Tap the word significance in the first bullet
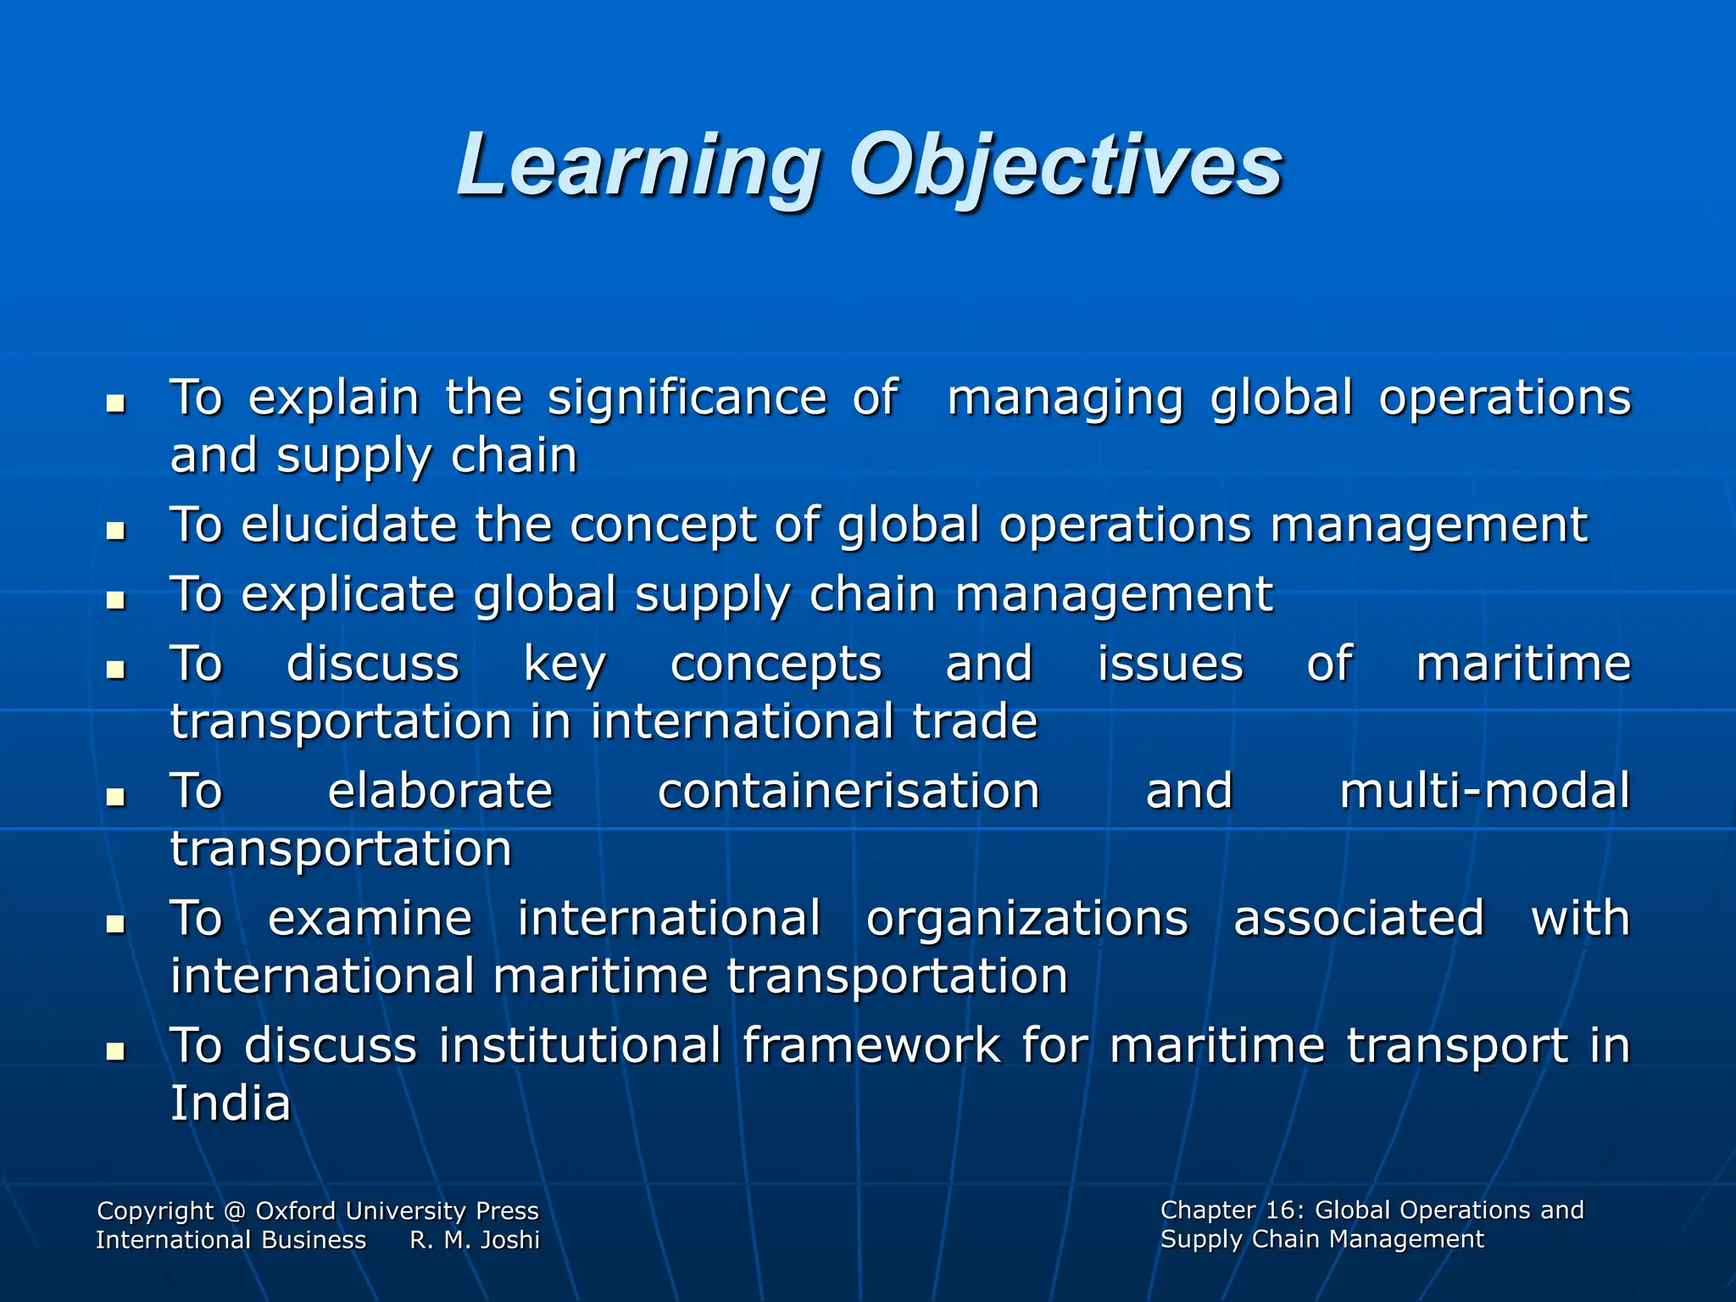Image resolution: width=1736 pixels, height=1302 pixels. [x=687, y=398]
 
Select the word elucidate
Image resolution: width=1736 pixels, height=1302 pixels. [x=349, y=525]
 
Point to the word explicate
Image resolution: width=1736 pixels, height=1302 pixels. [x=348, y=594]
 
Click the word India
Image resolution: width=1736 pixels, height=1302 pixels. [x=231, y=1103]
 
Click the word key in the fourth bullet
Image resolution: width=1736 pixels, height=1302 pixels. [x=565, y=665]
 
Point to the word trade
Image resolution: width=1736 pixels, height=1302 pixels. [x=975, y=721]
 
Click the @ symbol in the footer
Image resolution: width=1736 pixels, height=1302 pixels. [x=235, y=1211]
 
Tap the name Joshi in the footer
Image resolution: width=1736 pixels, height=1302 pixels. [x=510, y=1240]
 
